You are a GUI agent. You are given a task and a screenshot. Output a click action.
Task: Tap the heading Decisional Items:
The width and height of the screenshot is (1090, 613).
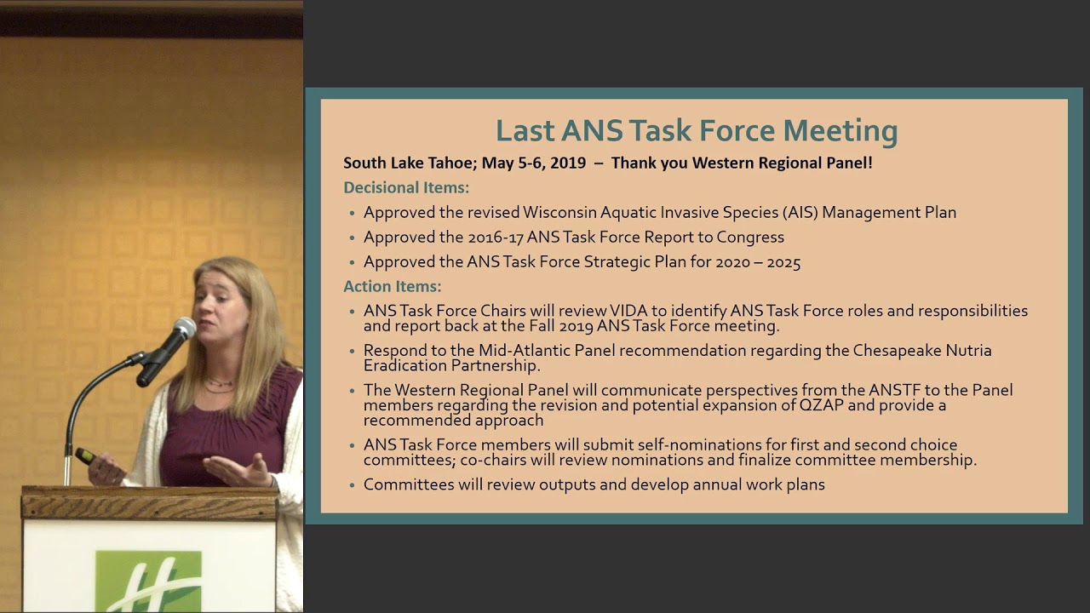tap(406, 187)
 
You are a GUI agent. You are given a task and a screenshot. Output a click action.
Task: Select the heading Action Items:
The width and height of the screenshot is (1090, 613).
tap(392, 287)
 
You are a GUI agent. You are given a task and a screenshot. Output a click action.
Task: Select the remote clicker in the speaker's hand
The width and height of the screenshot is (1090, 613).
tap(85, 456)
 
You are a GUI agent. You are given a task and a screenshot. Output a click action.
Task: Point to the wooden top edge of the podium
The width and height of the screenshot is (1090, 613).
tap(149, 495)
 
